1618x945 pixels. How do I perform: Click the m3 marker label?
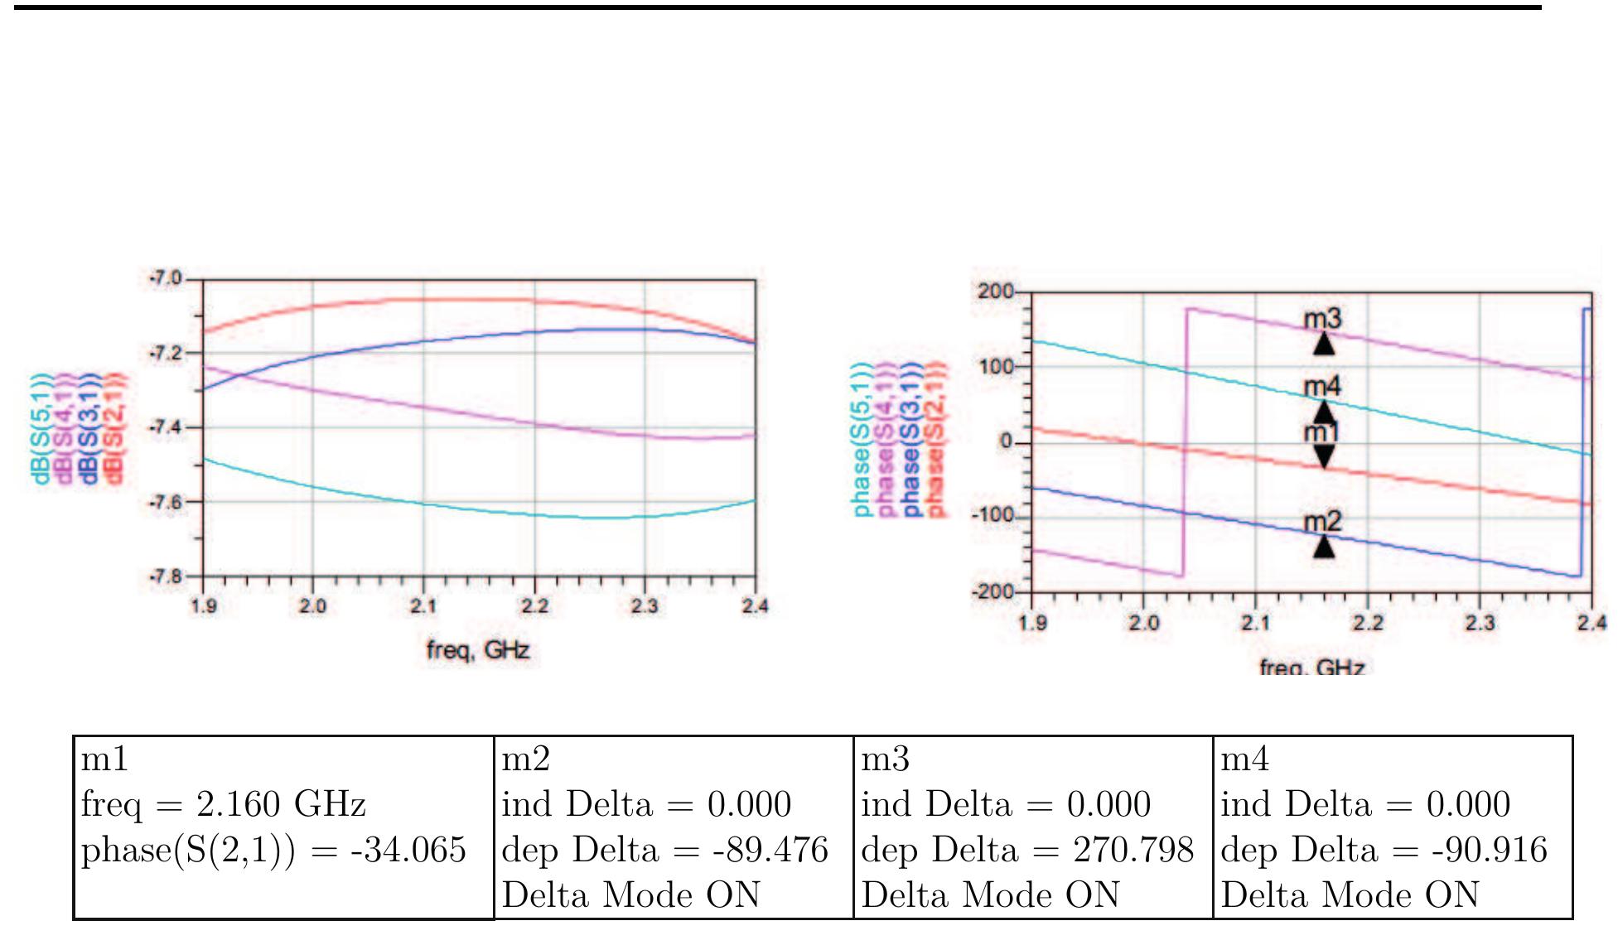tap(1322, 318)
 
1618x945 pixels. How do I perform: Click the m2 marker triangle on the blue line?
tap(1323, 547)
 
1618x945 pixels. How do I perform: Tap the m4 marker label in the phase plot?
tap(1321, 386)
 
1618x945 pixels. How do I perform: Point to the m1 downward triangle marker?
tap(1324, 456)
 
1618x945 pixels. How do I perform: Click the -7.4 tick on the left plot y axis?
tap(166, 427)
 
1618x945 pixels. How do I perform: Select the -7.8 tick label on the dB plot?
tap(166, 576)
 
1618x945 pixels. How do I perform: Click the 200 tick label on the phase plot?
tap(995, 291)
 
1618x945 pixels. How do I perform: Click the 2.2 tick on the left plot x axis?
tap(534, 606)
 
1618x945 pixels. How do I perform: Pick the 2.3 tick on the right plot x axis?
tap(1480, 622)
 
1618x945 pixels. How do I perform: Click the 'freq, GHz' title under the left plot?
tap(478, 650)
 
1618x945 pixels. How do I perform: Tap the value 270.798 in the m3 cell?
tap(1133, 851)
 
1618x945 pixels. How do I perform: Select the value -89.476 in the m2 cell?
tap(770, 851)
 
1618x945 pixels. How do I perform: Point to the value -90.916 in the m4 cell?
tap(1489, 851)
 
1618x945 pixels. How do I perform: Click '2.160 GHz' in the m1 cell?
tap(281, 805)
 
